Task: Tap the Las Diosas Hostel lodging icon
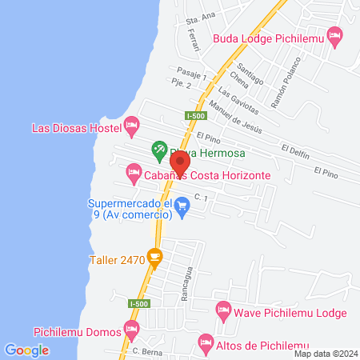click(132, 126)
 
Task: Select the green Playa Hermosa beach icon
click(159, 149)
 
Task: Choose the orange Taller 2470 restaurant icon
click(155, 258)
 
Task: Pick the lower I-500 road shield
click(137, 303)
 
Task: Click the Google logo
click(27, 350)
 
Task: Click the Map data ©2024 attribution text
click(325, 354)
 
